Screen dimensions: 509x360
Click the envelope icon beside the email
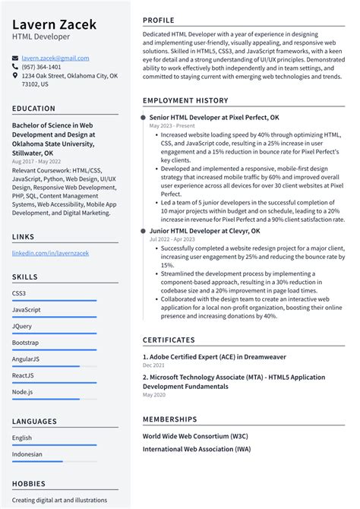[x=15, y=58]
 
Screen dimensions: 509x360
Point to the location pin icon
[x=15, y=76]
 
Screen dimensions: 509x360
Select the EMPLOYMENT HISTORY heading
[x=185, y=100]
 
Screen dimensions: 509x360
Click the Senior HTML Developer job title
[x=214, y=118]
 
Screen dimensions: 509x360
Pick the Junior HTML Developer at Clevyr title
[x=204, y=230]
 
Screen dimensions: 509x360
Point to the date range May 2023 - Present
[x=172, y=126]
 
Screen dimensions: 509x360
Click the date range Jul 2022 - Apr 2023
[x=172, y=239]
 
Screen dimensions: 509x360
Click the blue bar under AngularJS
[x=54, y=365]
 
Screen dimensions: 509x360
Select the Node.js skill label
[x=23, y=391]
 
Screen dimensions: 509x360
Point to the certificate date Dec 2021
[x=153, y=365]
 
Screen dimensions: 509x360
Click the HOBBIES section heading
[x=30, y=482]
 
